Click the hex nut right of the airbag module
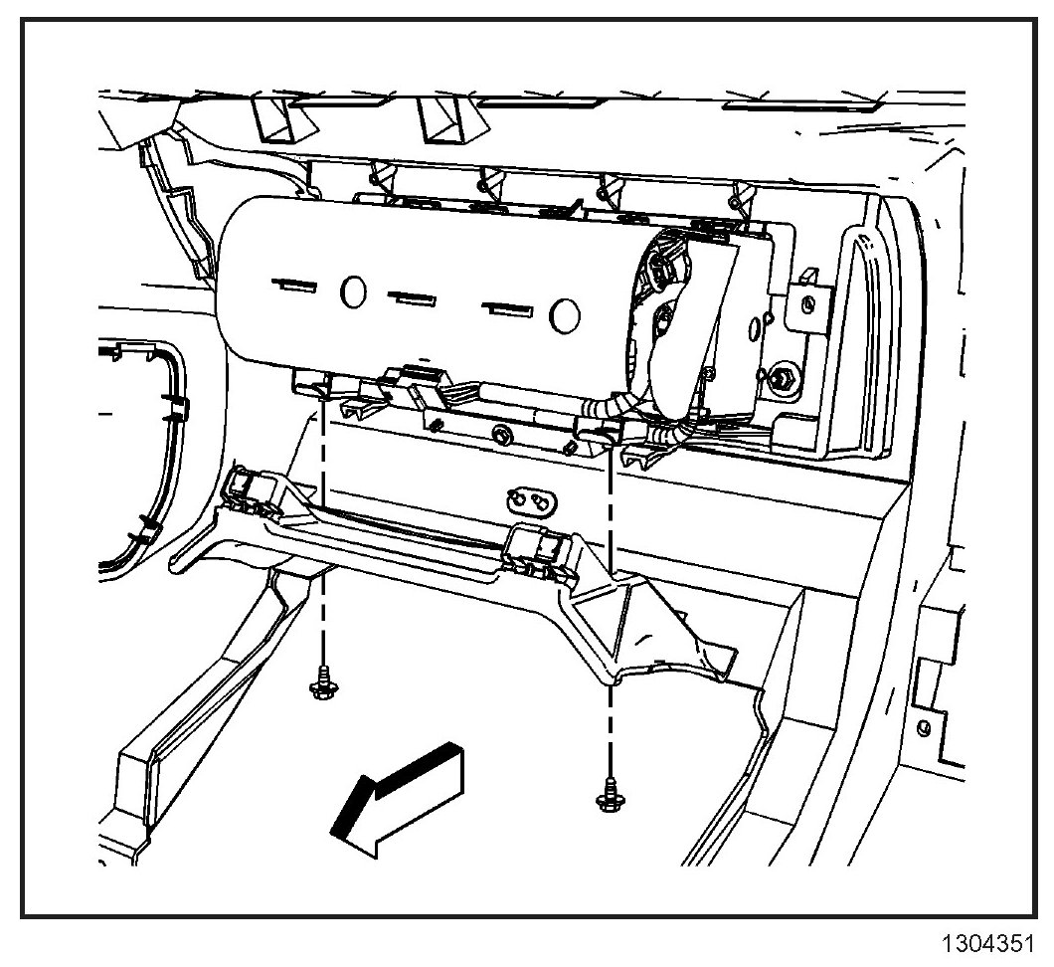782,376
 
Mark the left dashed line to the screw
324,527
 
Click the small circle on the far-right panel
924,729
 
